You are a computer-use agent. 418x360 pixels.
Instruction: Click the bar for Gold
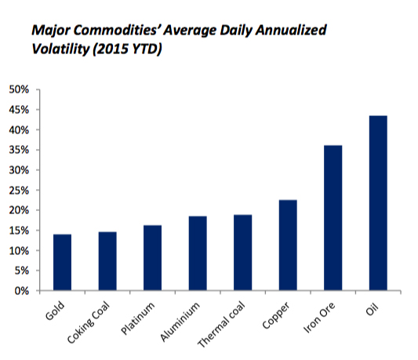[x=61, y=262]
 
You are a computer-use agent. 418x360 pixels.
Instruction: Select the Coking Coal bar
[x=107, y=261]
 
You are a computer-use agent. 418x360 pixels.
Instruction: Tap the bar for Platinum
[x=152, y=258]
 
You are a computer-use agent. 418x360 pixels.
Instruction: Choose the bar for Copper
[x=288, y=245]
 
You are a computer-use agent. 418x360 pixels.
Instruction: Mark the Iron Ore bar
[x=333, y=217]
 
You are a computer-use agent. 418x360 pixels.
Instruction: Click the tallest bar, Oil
[x=378, y=203]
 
